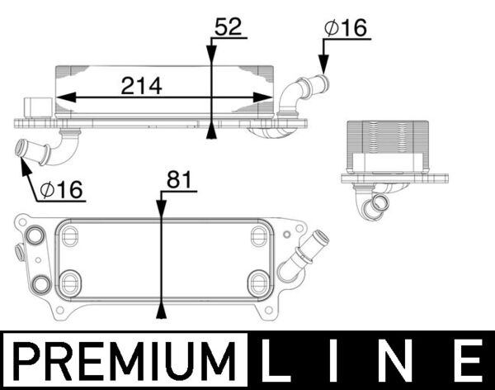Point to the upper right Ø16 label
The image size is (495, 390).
[345, 27]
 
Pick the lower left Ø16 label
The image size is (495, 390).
[61, 190]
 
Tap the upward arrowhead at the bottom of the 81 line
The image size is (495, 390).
[163, 312]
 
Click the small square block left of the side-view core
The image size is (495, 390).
[37, 108]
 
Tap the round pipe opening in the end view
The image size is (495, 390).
[380, 203]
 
